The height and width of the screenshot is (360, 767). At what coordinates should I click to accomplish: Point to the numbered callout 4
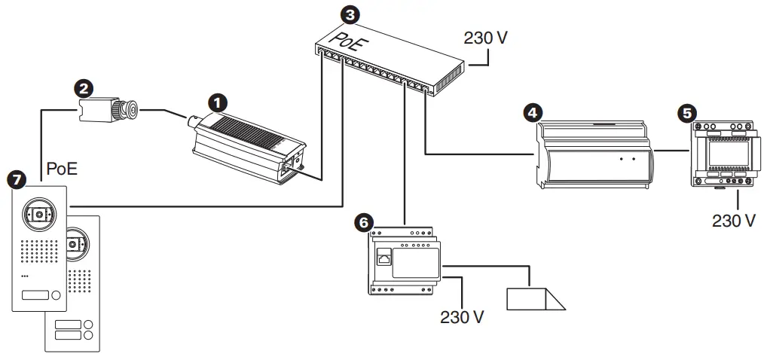coord(532,112)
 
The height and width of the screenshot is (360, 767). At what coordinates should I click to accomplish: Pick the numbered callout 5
coord(686,113)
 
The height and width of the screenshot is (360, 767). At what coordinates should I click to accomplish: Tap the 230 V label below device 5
coord(733,221)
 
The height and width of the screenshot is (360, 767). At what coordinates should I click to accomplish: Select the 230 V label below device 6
coord(462,316)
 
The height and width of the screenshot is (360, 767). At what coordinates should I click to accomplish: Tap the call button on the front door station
coord(36,296)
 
